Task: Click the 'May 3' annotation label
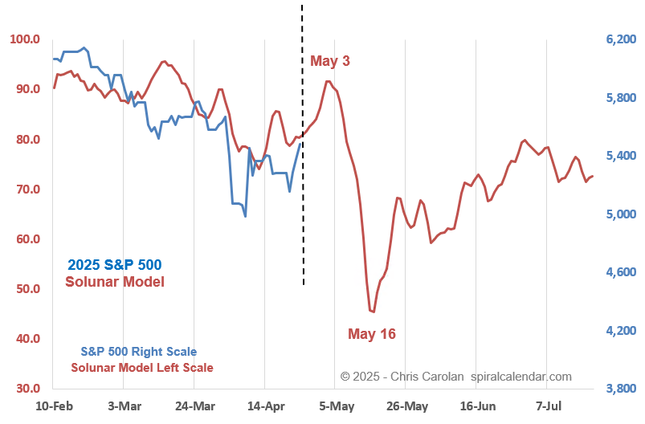point(330,61)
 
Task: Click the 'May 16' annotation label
point(371,333)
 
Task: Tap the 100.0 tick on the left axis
point(25,39)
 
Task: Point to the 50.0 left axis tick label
point(25,289)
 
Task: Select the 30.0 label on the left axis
point(25,389)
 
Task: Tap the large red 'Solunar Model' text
point(115,281)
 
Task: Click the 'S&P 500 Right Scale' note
point(138,351)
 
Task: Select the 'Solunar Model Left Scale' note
point(142,368)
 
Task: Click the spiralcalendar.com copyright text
point(455,376)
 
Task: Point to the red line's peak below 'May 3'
point(327,81)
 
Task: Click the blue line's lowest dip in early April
point(245,216)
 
